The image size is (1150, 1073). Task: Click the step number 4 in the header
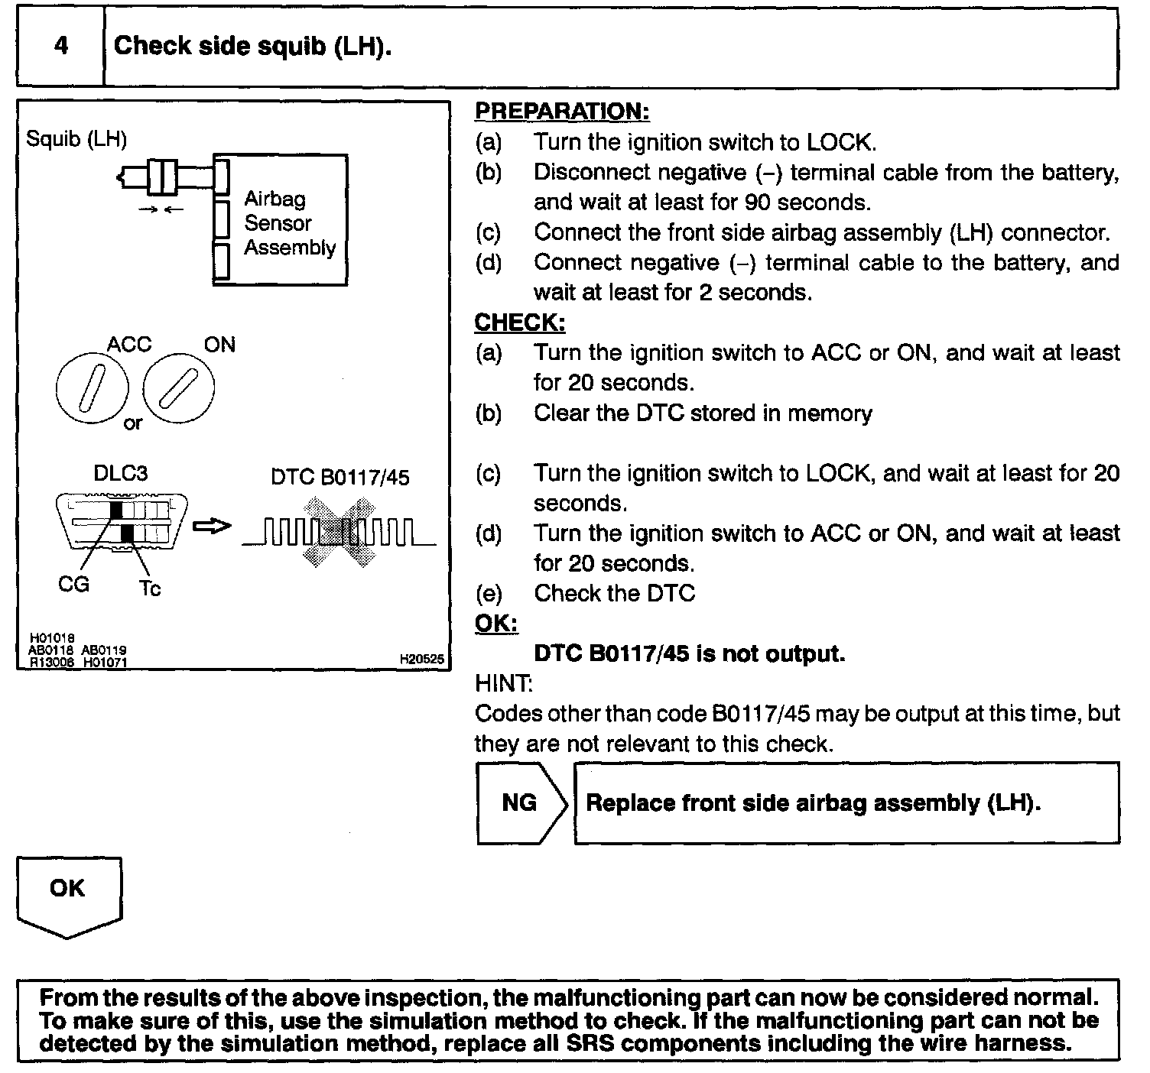click(60, 46)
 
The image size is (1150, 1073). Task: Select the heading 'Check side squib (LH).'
click(252, 46)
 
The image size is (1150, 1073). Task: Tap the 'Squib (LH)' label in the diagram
click(76, 139)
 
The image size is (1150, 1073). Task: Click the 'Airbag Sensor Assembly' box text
click(289, 223)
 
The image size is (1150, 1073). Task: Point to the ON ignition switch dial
click(180, 387)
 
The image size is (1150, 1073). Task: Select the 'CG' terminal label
click(73, 585)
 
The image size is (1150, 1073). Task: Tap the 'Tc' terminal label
click(150, 588)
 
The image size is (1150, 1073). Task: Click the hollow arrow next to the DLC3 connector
click(211, 527)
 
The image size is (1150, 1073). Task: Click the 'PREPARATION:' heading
click(562, 111)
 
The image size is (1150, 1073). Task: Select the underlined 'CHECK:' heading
click(520, 323)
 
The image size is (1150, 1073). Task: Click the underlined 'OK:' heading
click(496, 624)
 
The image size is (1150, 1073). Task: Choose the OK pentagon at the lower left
click(68, 895)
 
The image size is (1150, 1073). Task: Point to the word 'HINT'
click(503, 682)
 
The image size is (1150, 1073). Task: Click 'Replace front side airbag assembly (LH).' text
click(813, 803)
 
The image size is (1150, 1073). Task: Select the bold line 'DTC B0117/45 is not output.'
click(689, 654)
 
